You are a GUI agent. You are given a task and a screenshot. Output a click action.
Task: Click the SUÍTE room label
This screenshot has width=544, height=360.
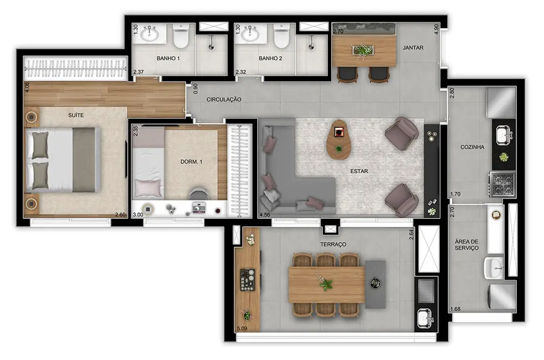point(76,115)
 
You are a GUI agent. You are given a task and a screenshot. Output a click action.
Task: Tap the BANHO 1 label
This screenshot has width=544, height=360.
point(168,58)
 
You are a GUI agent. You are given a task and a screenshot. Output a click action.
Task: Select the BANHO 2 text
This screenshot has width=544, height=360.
point(270,58)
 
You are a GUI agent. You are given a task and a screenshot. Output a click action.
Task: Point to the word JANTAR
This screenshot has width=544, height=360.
point(413,48)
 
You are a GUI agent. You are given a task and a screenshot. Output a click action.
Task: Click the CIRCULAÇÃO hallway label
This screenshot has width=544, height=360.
point(224,100)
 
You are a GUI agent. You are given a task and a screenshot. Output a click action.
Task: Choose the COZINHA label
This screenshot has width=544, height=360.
point(473,147)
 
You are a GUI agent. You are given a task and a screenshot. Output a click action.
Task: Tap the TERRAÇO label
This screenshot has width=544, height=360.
point(333,244)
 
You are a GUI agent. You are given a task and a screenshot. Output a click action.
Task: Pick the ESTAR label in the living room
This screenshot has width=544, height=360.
point(359,172)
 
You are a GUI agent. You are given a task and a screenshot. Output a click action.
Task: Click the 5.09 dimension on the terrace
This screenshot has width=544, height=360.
point(242,328)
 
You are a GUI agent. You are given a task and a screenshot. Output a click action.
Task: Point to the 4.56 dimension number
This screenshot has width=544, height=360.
point(265,214)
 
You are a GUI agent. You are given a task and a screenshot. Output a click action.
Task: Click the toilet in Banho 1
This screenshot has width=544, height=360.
point(181,37)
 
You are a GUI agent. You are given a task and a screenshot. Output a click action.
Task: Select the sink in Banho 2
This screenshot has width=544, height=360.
point(250,33)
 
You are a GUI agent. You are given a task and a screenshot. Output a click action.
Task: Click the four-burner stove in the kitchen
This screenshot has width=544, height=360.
point(503,183)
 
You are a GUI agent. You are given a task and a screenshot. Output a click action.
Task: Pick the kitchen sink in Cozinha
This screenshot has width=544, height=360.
point(504,135)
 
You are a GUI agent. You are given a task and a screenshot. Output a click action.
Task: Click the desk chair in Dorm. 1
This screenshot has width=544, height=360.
point(197,193)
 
